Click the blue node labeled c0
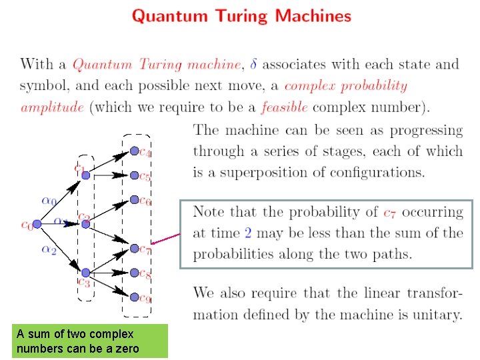point(37,224)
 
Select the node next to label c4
point(134,151)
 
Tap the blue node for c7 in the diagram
point(134,249)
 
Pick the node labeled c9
point(134,297)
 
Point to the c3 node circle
point(85,273)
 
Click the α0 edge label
point(49,199)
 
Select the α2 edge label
point(49,250)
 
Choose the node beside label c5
point(134,176)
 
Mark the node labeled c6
point(134,200)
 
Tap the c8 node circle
point(134,273)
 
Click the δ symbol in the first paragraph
point(251,64)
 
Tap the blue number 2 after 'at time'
point(248,233)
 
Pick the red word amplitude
point(52,107)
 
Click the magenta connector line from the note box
point(167,239)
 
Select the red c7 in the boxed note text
point(391,213)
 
